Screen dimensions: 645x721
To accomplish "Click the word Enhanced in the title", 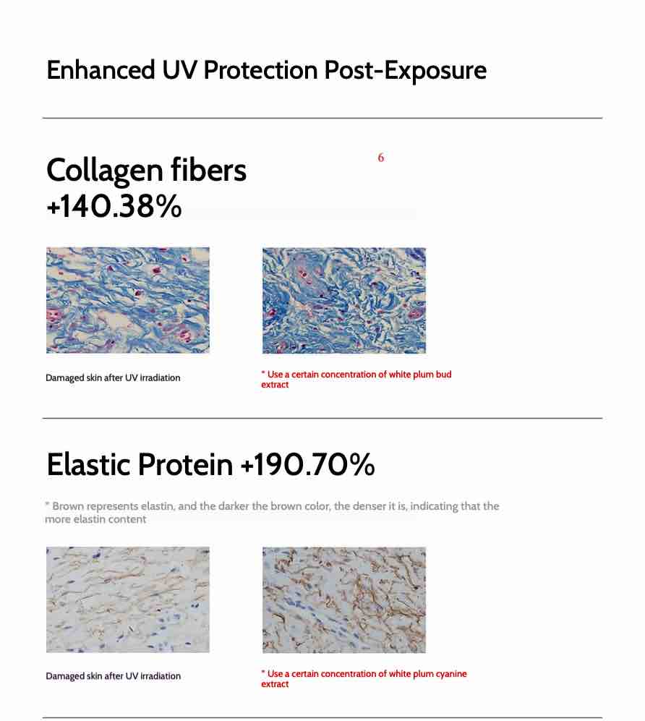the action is tap(101, 70).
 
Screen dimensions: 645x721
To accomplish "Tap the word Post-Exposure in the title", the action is tap(406, 70).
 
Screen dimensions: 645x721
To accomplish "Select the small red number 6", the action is tap(380, 158).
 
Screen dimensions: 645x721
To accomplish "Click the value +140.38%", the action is tap(114, 205).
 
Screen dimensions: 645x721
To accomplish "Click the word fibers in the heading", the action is tap(209, 169).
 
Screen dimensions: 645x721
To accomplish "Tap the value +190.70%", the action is tap(308, 464).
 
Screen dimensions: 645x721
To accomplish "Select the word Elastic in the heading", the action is tap(88, 464).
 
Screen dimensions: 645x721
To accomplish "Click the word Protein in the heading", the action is tap(185, 464).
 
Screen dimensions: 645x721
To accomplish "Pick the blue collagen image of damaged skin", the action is tap(128, 300).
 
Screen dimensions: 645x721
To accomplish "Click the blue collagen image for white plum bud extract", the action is tap(344, 301).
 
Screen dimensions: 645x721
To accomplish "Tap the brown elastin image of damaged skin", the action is tap(128, 600).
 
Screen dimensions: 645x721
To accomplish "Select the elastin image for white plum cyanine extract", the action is tap(344, 600).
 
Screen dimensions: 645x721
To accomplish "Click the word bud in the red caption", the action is tap(444, 375).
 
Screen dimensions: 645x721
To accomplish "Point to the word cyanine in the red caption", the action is tap(451, 674).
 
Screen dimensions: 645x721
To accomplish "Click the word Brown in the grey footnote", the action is tap(68, 505).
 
